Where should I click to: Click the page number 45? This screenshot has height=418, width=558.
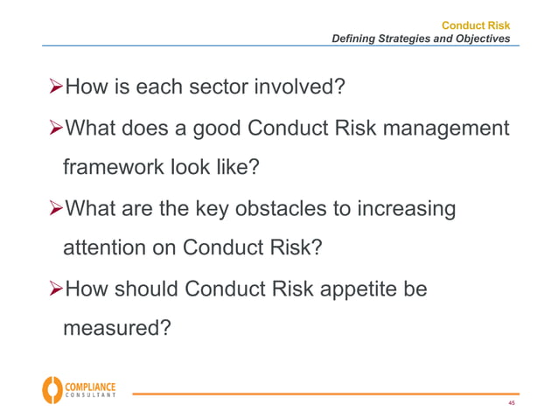(x=511, y=403)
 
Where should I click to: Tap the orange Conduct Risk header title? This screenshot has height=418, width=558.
(x=476, y=25)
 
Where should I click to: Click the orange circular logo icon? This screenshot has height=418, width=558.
(x=52, y=389)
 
